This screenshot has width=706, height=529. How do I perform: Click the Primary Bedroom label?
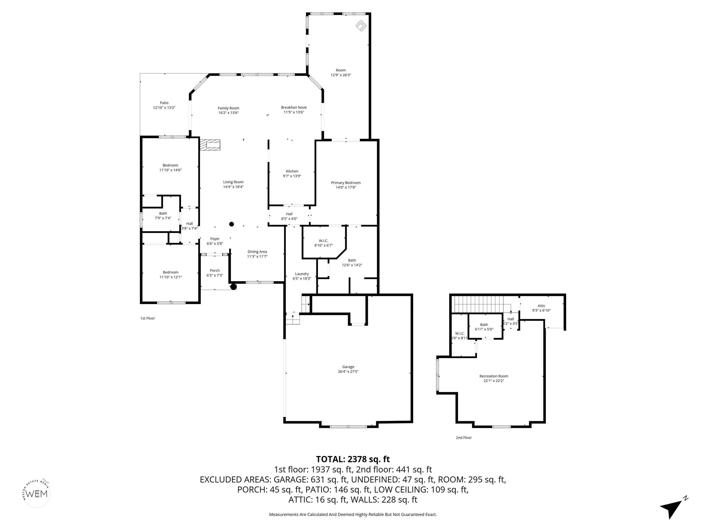click(346, 183)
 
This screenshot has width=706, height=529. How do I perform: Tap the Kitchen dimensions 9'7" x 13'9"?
click(292, 176)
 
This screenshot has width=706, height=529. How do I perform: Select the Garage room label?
click(348, 367)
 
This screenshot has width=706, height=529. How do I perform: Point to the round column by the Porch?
click(234, 287)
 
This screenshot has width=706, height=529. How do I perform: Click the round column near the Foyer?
click(231, 224)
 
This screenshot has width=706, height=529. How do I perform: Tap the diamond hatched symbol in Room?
click(361, 25)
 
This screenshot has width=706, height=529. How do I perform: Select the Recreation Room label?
click(493, 376)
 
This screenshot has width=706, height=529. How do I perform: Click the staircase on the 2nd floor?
click(479, 304)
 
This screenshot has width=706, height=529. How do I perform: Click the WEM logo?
click(37, 494)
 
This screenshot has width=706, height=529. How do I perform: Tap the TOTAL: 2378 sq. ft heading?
click(353, 459)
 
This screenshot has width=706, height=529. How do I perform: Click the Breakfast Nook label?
click(294, 107)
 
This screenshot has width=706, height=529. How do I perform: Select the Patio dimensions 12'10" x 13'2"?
click(164, 108)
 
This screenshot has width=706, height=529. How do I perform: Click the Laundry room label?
click(302, 274)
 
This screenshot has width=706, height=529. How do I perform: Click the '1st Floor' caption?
click(148, 318)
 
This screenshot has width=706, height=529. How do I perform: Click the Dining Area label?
click(257, 252)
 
